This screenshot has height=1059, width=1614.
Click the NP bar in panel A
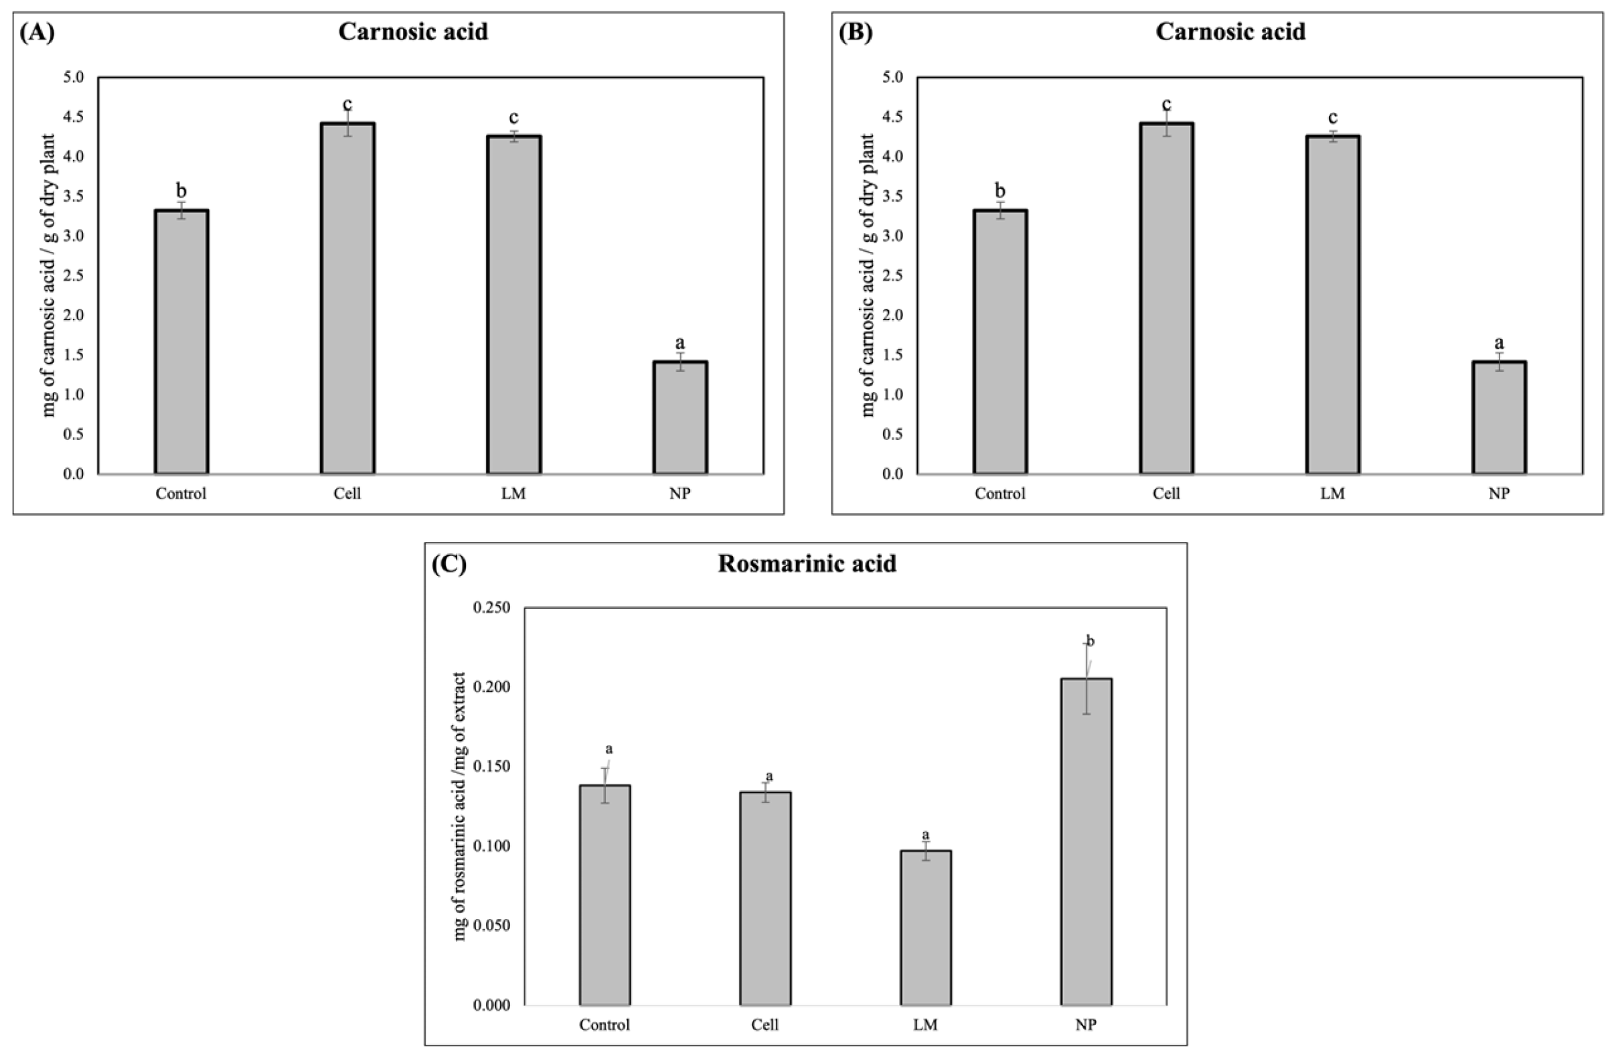680,418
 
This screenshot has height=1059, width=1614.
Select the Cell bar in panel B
1166,299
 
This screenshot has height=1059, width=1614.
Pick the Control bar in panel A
181,342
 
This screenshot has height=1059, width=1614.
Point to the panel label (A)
37,33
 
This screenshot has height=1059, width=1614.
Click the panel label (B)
856,33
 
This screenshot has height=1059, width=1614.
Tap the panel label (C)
449,565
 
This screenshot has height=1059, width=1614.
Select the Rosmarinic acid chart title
807,564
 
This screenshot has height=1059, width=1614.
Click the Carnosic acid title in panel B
1230,32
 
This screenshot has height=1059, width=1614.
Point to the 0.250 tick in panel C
493,608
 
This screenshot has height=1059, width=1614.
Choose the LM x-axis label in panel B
1333,494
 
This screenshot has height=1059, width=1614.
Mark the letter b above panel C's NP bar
1091,641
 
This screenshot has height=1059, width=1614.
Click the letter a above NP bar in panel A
680,343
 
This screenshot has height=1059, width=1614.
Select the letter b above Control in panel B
1000,191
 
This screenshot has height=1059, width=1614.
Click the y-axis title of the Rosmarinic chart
460,806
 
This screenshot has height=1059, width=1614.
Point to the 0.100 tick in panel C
493,846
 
